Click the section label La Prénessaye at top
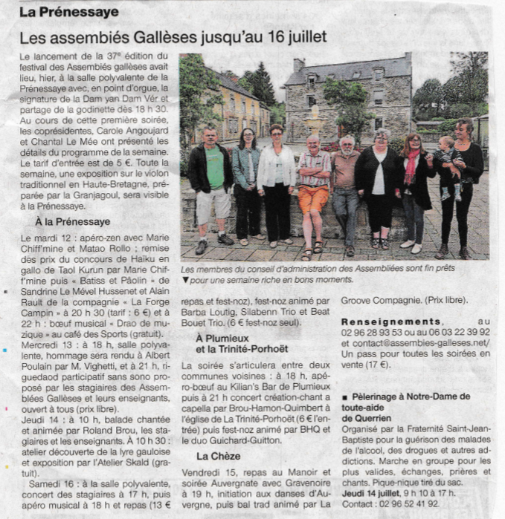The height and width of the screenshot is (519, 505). click(68, 12)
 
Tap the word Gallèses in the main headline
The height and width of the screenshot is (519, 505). click(168, 36)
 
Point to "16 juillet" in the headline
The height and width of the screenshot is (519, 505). click(289, 36)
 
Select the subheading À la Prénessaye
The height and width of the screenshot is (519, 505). click(72, 221)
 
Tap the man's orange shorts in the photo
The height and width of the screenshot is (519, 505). click(314, 199)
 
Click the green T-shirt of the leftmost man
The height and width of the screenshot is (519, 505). click(215, 167)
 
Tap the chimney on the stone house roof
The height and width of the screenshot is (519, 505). click(298, 65)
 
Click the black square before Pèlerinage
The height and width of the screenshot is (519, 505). click(344, 397)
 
